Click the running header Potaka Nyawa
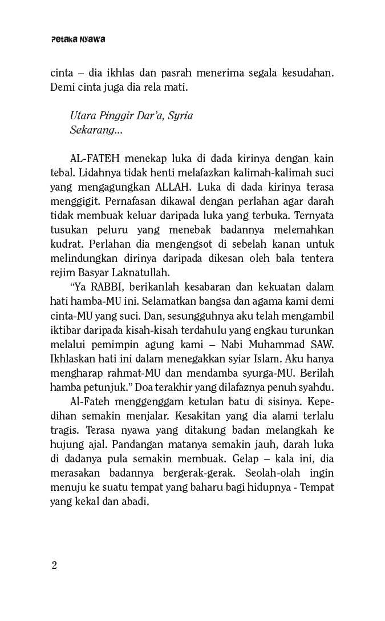[x=78, y=40]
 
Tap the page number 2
[x=54, y=565]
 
